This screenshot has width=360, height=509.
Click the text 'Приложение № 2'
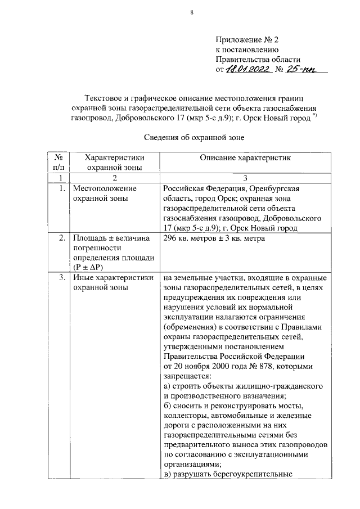pos(247,40)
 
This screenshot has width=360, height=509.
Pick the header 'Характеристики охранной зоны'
pos(114,163)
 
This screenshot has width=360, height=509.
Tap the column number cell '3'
pos(245,178)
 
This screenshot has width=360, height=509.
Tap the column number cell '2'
pos(114,178)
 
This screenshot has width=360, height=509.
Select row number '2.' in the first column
pos(61,238)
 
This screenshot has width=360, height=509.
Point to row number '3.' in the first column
pos(61,278)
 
